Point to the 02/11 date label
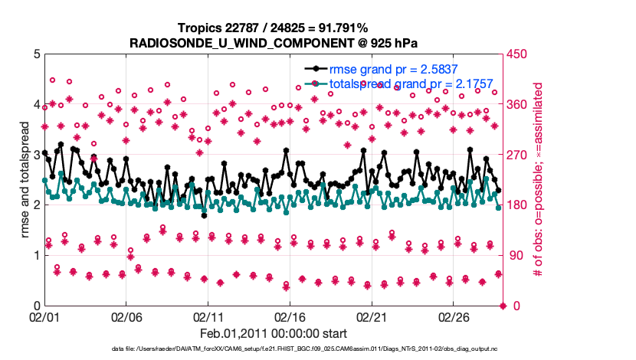click(x=208, y=316)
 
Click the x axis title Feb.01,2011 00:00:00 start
click(x=274, y=332)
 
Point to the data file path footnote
click(x=274, y=349)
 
